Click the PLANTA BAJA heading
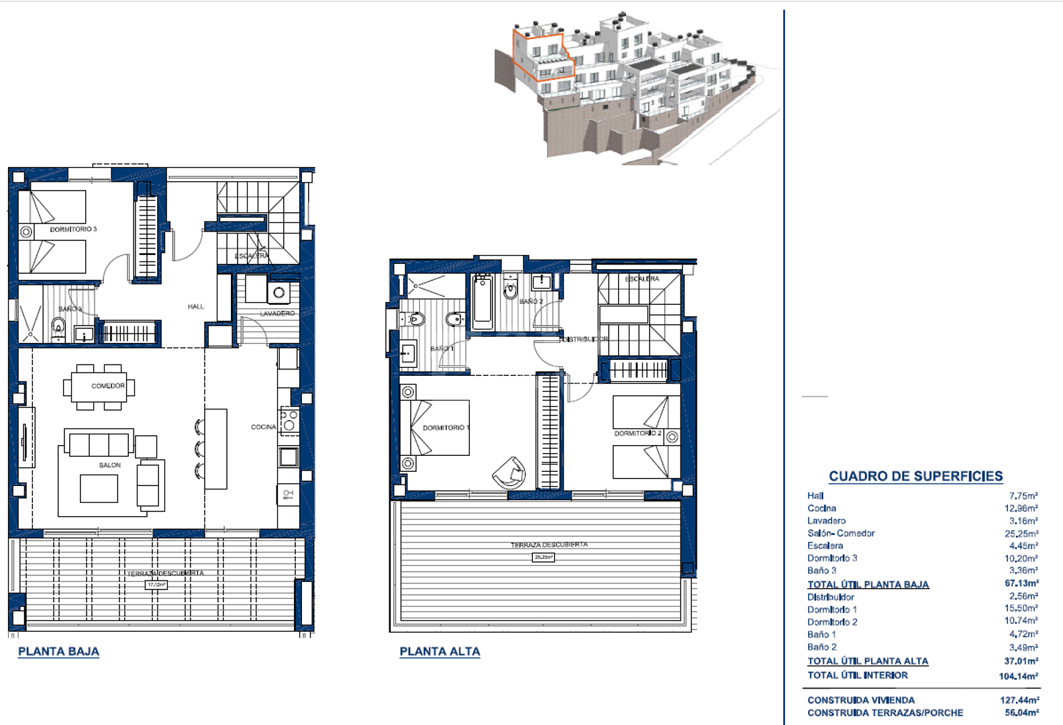pos(58,651)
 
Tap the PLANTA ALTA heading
pos(440,651)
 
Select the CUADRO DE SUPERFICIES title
pos(915,476)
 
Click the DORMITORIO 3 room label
pos(73,230)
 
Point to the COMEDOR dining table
pos(99,387)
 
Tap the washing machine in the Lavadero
pos(279,293)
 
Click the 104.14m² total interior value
pos(1018,676)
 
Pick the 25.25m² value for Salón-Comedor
pos(1021,534)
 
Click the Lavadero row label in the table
pos(826,521)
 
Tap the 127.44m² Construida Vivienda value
pos(1019,700)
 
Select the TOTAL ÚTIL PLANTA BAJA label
pos(868,585)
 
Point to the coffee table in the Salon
pos(99,488)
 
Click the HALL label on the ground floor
pos(196,307)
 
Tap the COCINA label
pos(263,427)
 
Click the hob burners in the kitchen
pos(289,421)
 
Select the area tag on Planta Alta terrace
pos(544,557)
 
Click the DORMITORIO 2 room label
pos(638,434)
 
